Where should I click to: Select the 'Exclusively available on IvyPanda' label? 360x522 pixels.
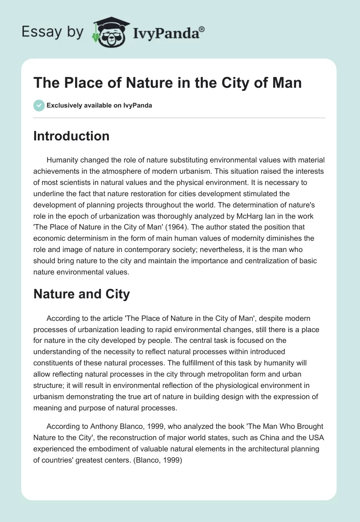click(99, 105)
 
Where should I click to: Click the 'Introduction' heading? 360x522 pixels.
click(71, 136)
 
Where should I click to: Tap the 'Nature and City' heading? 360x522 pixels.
click(81, 294)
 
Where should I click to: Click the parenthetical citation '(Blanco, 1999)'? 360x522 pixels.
click(158, 461)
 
